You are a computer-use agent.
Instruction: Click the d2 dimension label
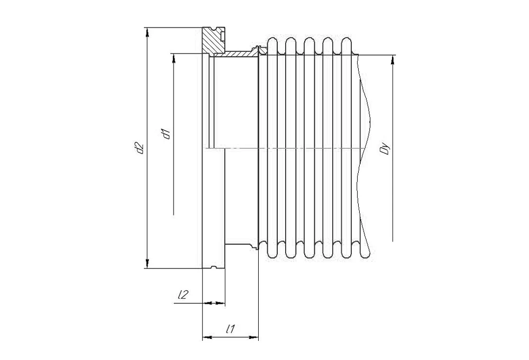139,149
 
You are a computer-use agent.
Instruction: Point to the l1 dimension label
231,329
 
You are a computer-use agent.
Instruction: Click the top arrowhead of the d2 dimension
147,32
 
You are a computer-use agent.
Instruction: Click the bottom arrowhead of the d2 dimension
147,263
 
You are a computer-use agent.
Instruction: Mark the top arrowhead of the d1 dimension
174,59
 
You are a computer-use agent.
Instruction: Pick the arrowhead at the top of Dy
393,60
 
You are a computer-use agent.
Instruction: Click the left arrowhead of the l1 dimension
207,337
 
